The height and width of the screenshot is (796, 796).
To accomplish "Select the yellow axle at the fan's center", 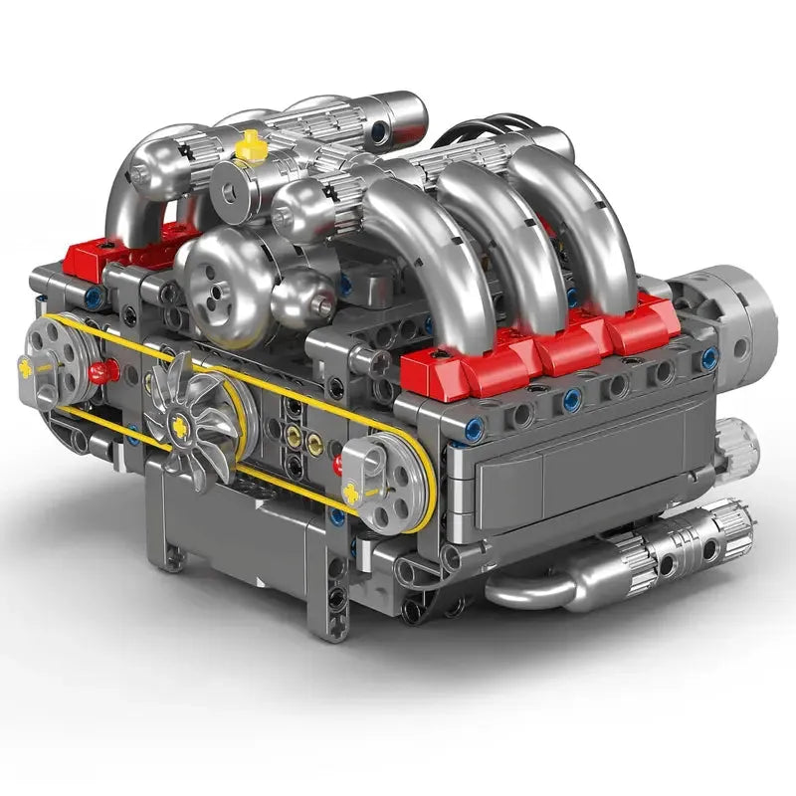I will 182,426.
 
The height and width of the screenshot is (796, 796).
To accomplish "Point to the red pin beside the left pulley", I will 100,373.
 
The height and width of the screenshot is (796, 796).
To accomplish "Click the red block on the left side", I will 95,258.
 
